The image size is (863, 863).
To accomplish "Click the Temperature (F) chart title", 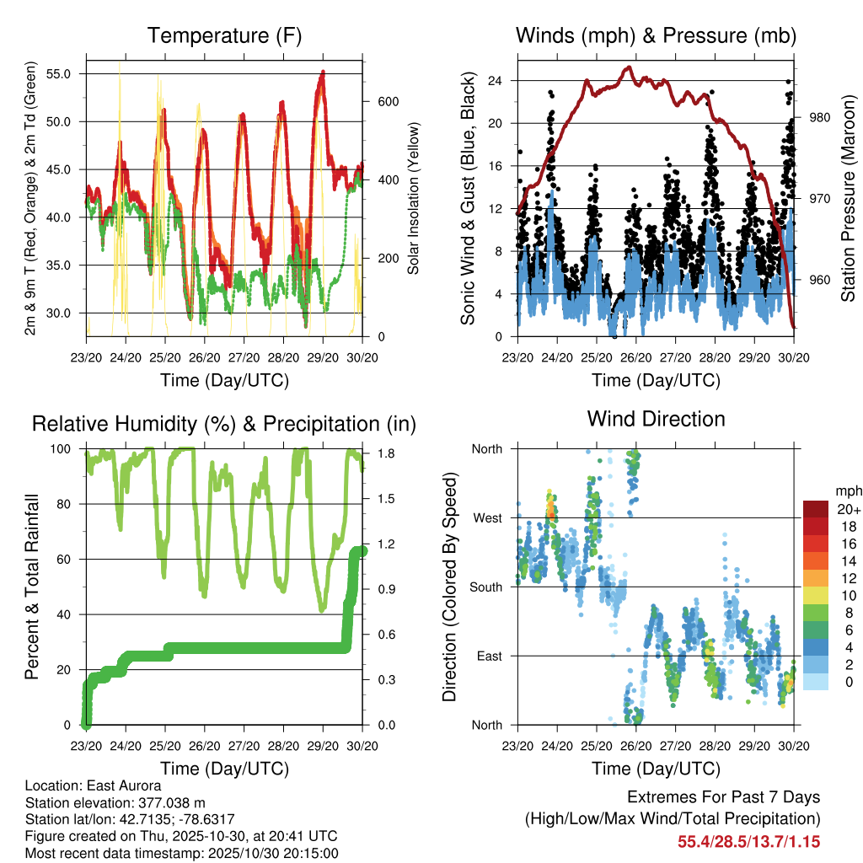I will coord(224,35).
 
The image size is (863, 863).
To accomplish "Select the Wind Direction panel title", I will coord(656,419).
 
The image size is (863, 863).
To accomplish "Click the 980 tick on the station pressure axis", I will coord(819,118).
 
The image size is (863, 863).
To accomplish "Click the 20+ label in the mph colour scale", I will coord(848,509).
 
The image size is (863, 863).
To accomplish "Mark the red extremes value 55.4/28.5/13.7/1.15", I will coord(748,841).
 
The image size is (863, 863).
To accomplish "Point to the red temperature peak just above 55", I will coord(323,73).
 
